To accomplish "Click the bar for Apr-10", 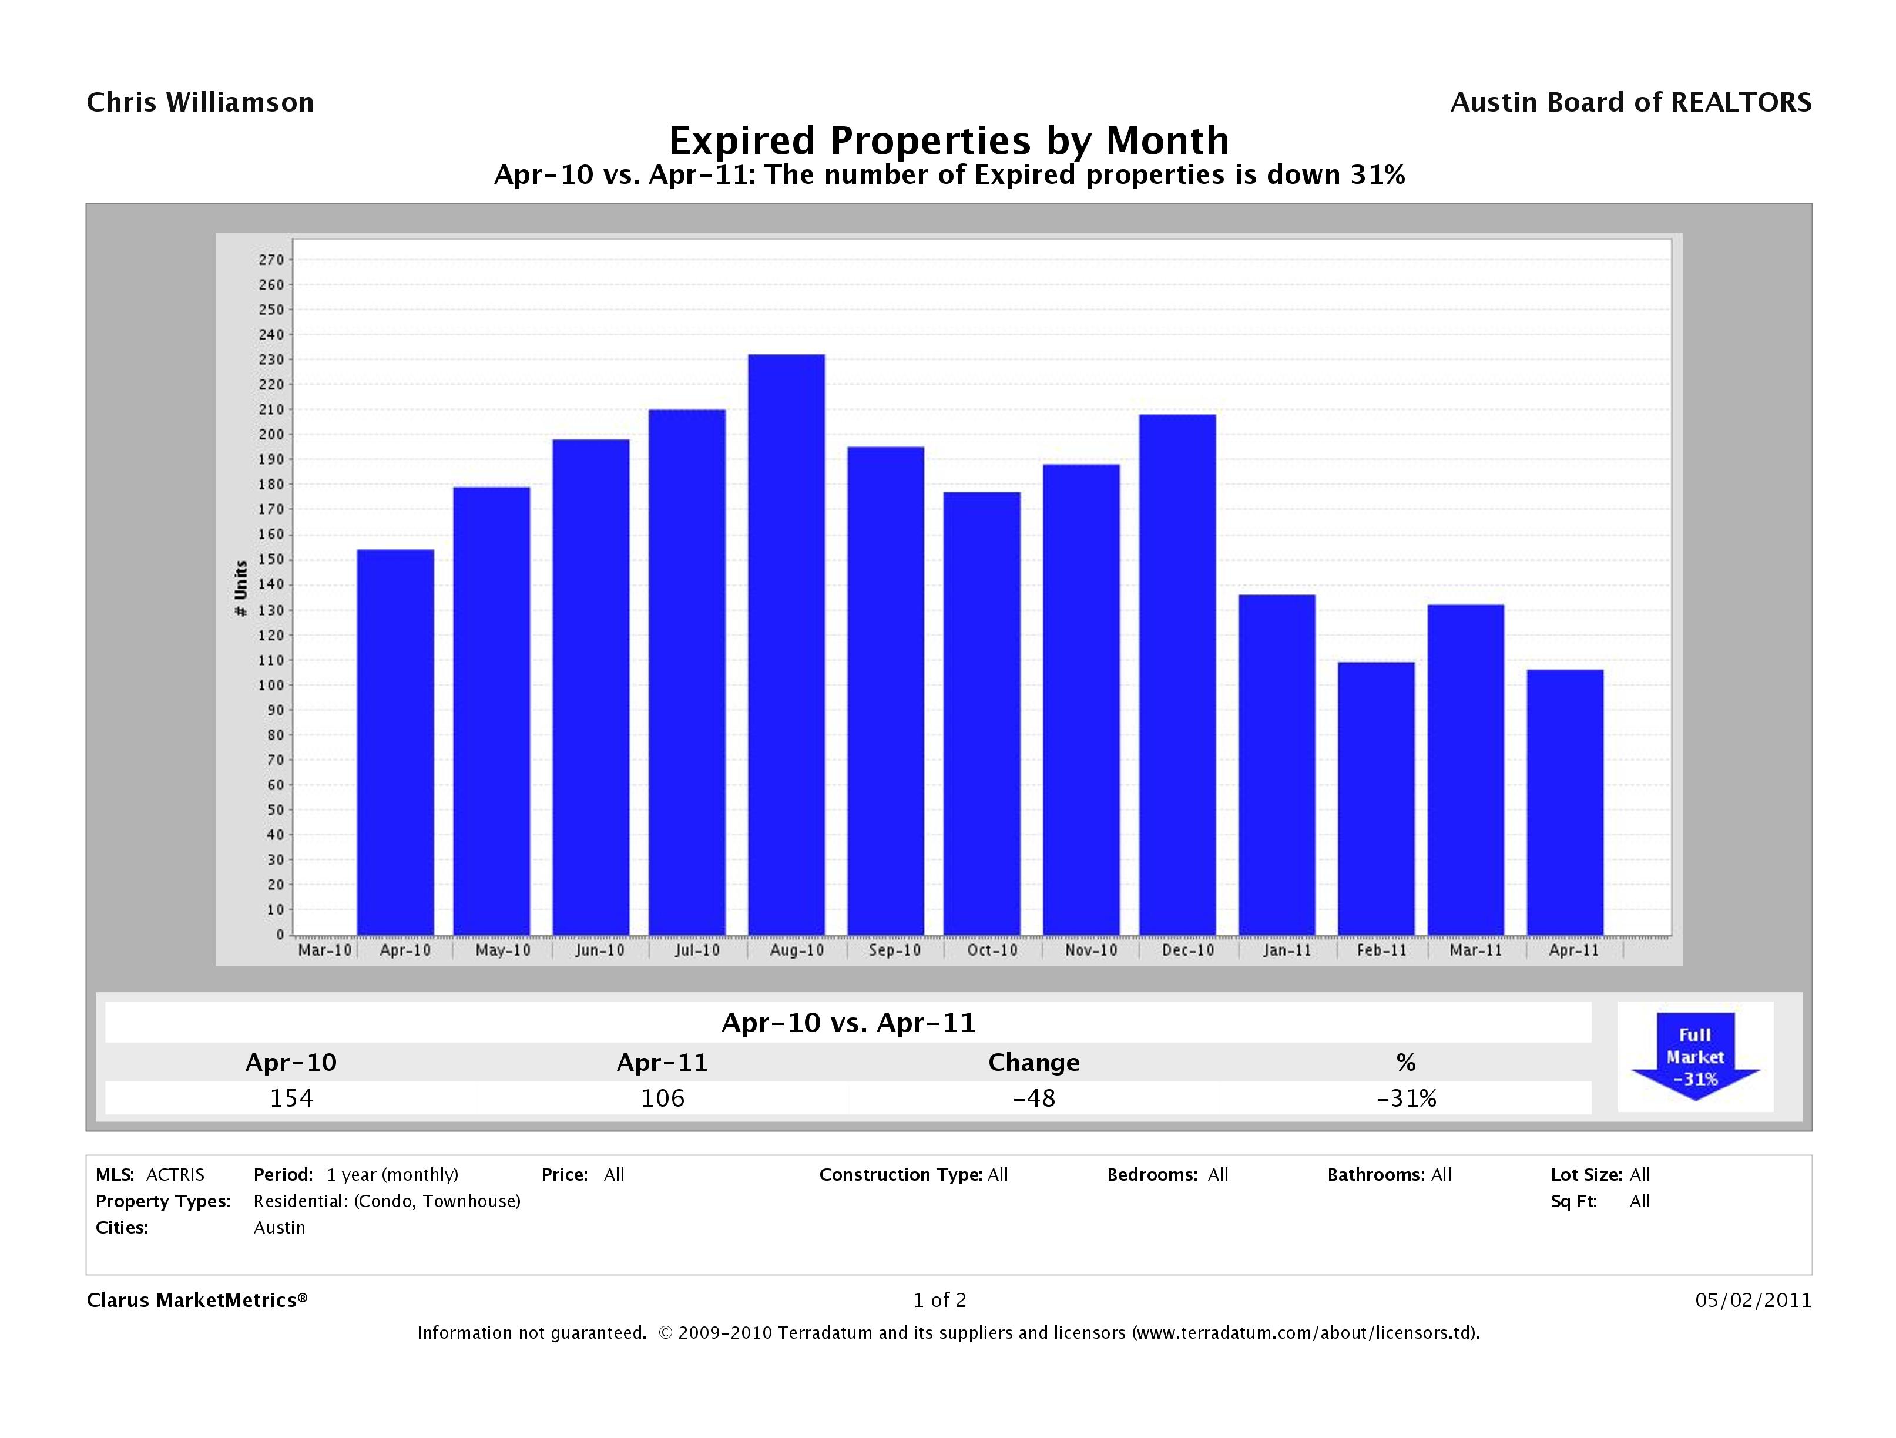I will pos(395,742).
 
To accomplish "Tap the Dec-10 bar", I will pos(1177,674).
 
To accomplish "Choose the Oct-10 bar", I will pos(981,713).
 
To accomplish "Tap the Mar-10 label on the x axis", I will pos(324,950).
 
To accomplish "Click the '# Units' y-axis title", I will pos(241,589).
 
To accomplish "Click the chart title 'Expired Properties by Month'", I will pos(949,140).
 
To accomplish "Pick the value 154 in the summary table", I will pos(291,1098).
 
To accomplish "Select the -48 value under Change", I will pos(1033,1098).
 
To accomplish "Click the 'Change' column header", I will pos(1033,1063).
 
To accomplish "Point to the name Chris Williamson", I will pos(200,103).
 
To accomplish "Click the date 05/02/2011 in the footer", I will pos(1753,1300).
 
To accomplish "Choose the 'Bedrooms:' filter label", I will pos(1151,1175).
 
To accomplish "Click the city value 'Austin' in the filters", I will pos(280,1227).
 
